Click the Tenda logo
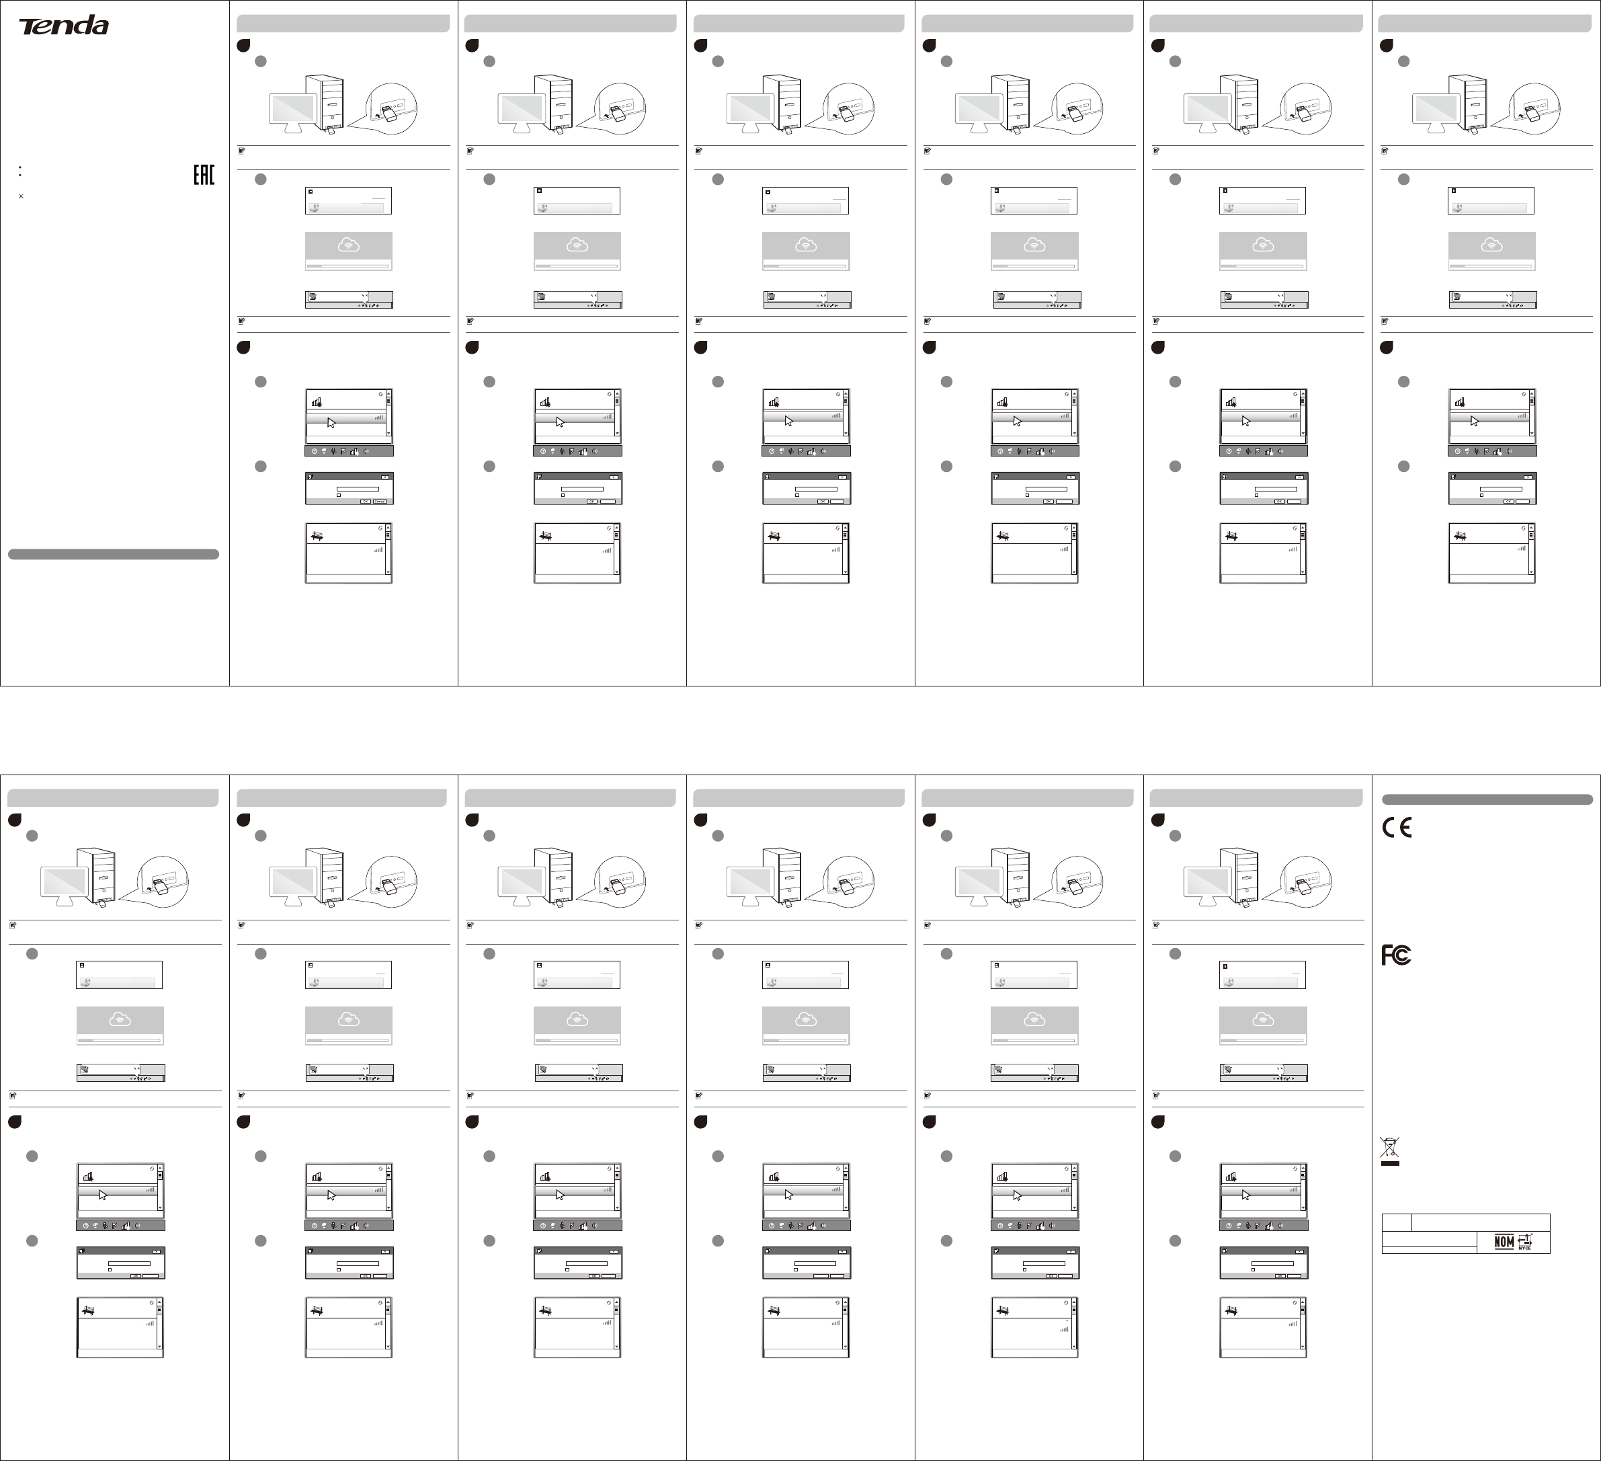click(x=64, y=26)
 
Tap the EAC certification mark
click(x=204, y=175)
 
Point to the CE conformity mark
click(x=1397, y=828)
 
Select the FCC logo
click(x=1396, y=955)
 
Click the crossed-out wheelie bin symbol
click(x=1389, y=1146)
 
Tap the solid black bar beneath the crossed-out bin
click(x=1389, y=1163)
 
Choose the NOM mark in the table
click(x=1504, y=1242)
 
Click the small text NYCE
click(x=1524, y=1248)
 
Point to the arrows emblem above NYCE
click(x=1524, y=1238)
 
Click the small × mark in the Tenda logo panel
click(x=21, y=196)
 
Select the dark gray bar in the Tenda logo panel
click(x=114, y=554)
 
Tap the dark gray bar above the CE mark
click(x=1487, y=799)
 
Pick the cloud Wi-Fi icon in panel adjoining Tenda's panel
click(x=348, y=245)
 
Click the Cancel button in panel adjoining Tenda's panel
click(x=381, y=502)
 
